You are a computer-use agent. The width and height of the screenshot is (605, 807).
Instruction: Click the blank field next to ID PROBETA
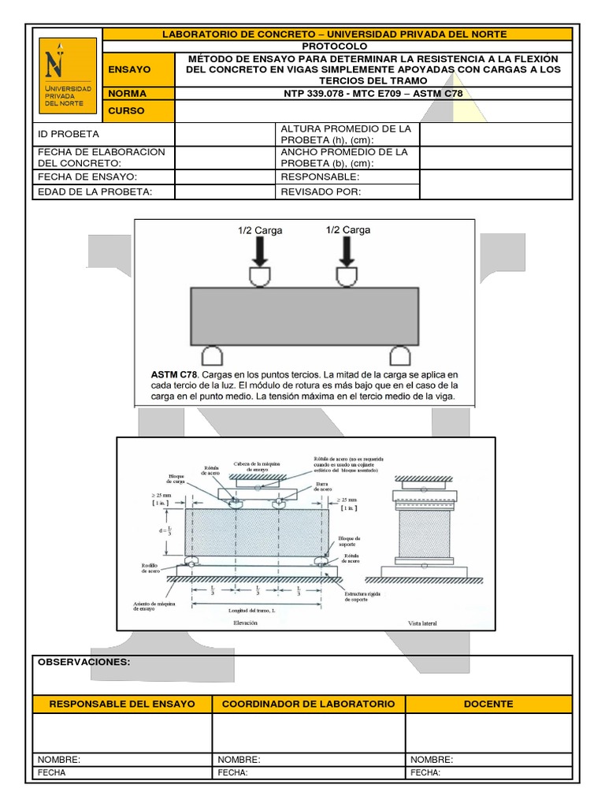224,134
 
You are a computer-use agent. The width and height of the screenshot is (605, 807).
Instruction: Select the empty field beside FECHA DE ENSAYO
224,177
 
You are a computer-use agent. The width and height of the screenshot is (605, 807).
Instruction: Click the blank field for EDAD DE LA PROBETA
224,192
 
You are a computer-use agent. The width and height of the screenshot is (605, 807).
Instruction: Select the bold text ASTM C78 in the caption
173,373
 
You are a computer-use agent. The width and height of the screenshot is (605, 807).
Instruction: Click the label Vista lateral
422,623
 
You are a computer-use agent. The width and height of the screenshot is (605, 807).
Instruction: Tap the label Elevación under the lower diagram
245,623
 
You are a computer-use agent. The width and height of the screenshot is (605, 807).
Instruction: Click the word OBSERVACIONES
84,663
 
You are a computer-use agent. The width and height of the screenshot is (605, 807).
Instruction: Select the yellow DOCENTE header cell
489,704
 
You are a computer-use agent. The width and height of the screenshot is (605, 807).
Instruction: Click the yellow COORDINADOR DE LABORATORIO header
308,704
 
